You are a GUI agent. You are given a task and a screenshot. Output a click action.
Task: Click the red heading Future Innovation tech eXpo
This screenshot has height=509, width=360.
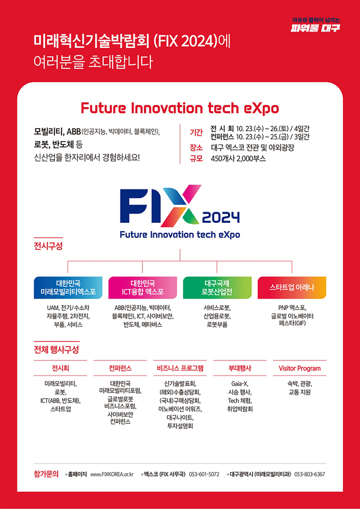180,108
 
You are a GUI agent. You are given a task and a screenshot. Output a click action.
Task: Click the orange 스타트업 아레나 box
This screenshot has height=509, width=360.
292,287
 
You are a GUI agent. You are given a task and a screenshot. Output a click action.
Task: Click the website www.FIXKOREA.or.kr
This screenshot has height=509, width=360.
112,474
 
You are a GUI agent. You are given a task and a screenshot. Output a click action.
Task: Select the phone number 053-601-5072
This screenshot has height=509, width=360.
204,474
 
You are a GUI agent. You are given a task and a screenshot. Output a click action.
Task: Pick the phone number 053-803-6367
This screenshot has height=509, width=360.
310,474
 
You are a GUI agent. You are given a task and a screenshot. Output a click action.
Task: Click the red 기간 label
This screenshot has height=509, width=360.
196,133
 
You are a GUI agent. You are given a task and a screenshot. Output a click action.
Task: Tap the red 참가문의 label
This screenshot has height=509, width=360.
46,473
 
